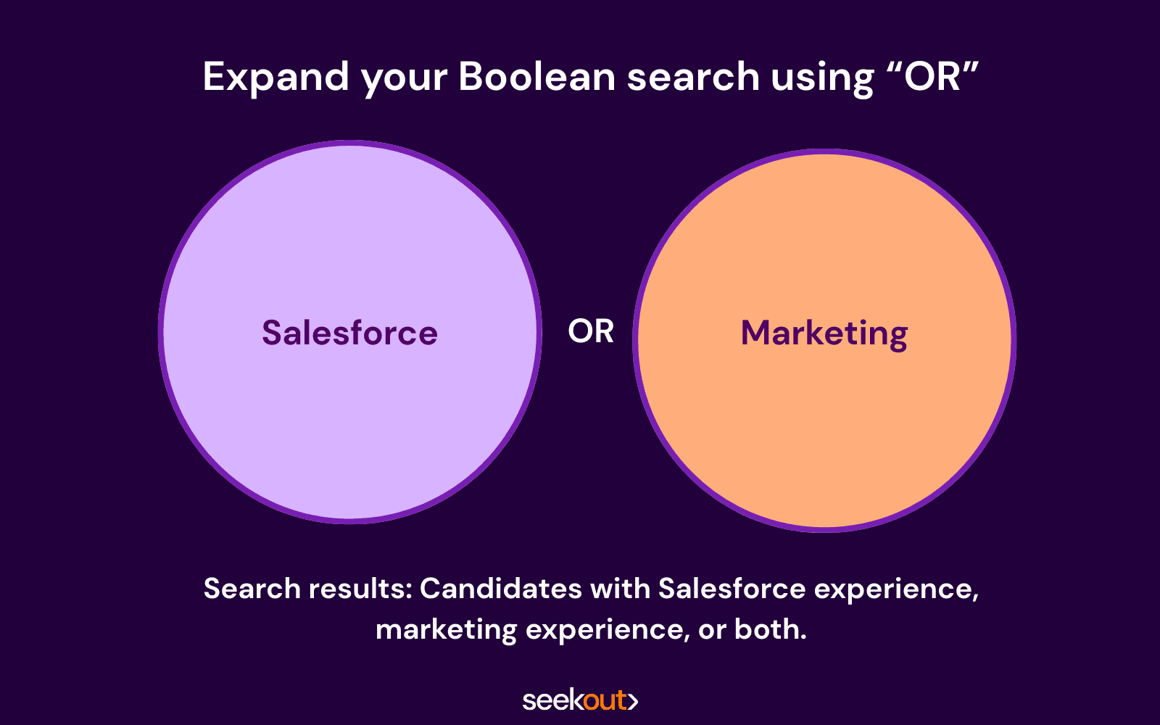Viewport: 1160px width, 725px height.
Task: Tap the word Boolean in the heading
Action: [537, 77]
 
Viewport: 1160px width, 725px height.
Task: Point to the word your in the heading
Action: [404, 80]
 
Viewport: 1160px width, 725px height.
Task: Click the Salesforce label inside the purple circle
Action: [350, 332]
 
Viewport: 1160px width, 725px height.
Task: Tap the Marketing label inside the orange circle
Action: [824, 334]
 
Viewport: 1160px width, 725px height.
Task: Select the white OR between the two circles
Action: [591, 331]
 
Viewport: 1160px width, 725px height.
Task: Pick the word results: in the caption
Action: [360, 589]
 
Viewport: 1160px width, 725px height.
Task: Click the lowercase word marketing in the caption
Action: [447, 631]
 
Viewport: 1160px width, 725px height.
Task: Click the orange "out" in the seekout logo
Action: [605, 700]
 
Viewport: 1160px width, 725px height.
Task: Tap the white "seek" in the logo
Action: [553, 700]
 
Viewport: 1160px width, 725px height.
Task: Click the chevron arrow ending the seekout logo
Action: [633, 700]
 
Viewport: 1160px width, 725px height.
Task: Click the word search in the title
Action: [693, 77]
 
